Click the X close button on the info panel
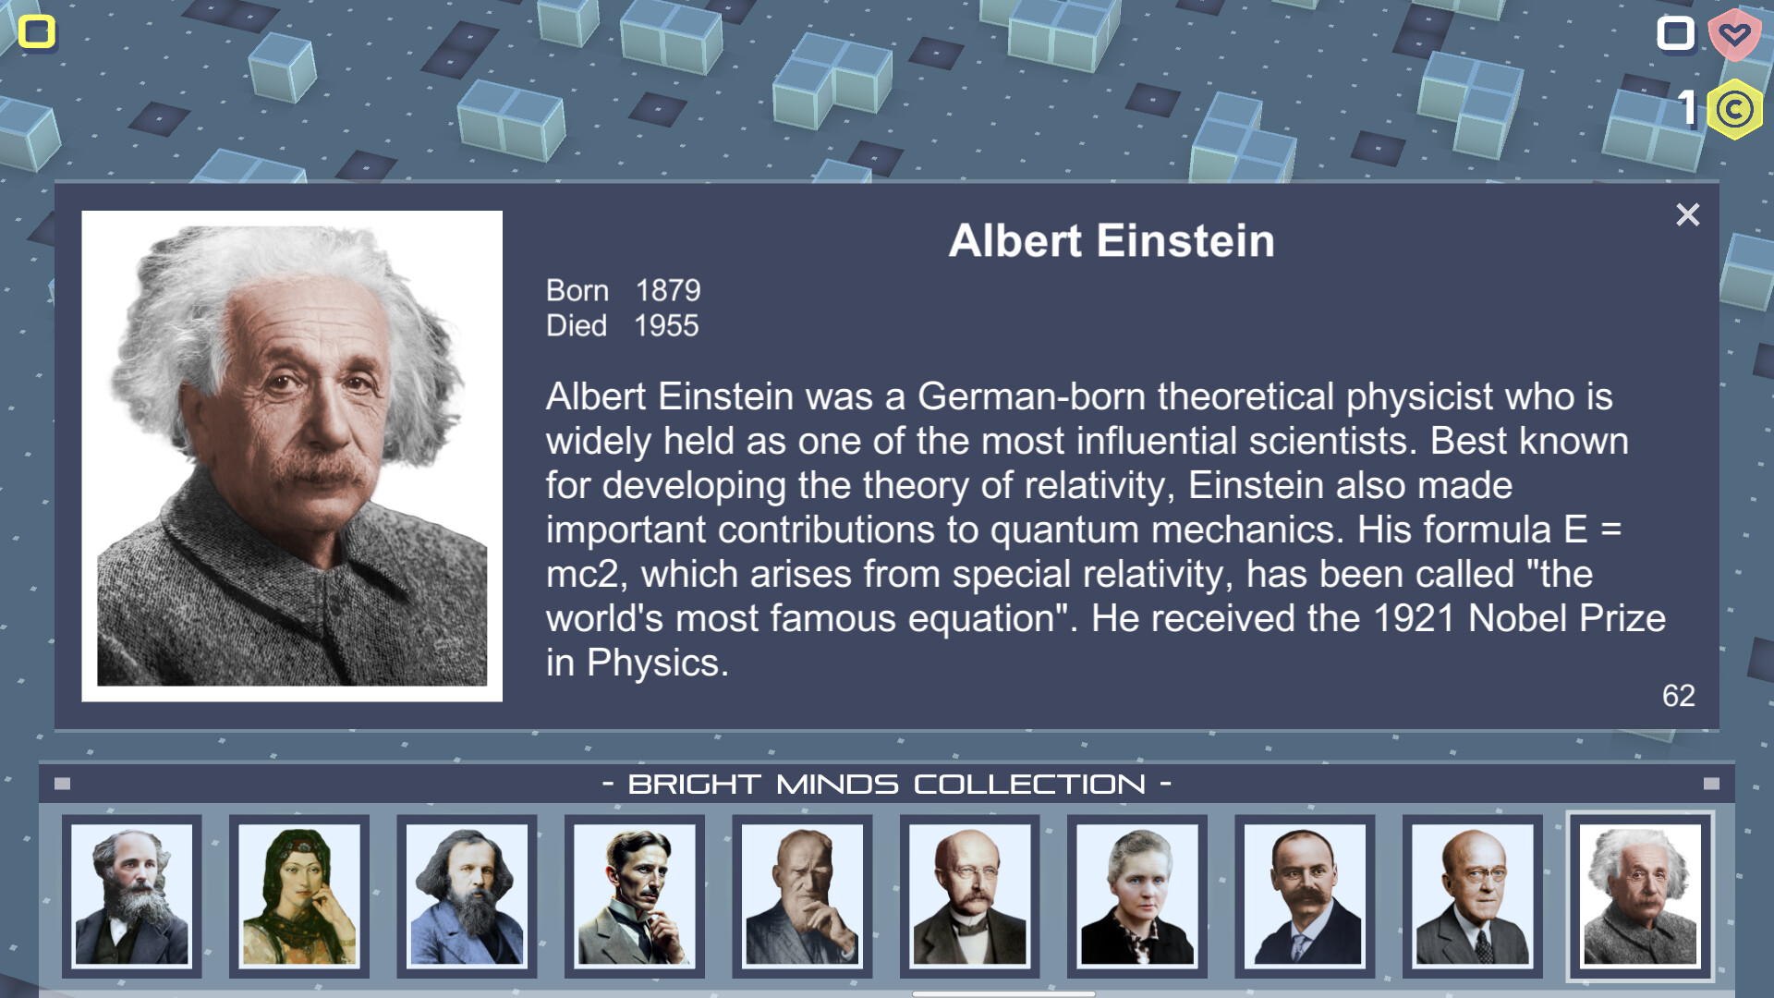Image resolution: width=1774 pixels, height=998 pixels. [1687, 215]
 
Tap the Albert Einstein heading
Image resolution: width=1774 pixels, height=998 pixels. [1112, 241]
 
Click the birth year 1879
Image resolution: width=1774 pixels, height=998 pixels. [668, 291]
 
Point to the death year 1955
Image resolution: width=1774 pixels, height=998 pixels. [666, 326]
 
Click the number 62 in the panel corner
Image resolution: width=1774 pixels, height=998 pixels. [1678, 696]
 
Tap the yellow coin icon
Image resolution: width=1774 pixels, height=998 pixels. [1734, 109]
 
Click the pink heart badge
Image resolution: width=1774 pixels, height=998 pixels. [1734, 35]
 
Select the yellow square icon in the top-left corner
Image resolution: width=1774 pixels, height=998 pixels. [37, 32]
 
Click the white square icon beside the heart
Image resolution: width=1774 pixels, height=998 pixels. [1675, 34]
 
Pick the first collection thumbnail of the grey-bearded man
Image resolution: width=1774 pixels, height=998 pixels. [131, 895]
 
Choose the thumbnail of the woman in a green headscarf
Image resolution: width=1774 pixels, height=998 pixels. [298, 895]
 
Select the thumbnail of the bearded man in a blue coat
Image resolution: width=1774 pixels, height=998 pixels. [467, 895]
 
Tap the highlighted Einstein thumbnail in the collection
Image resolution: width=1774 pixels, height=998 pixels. [1640, 895]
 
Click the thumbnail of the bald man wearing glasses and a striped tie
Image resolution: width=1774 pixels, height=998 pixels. [1472, 895]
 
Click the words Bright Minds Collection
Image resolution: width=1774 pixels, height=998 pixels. [887, 785]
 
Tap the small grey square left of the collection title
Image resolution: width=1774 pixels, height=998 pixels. [63, 784]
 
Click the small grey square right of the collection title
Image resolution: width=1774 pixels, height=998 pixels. [1711, 784]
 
